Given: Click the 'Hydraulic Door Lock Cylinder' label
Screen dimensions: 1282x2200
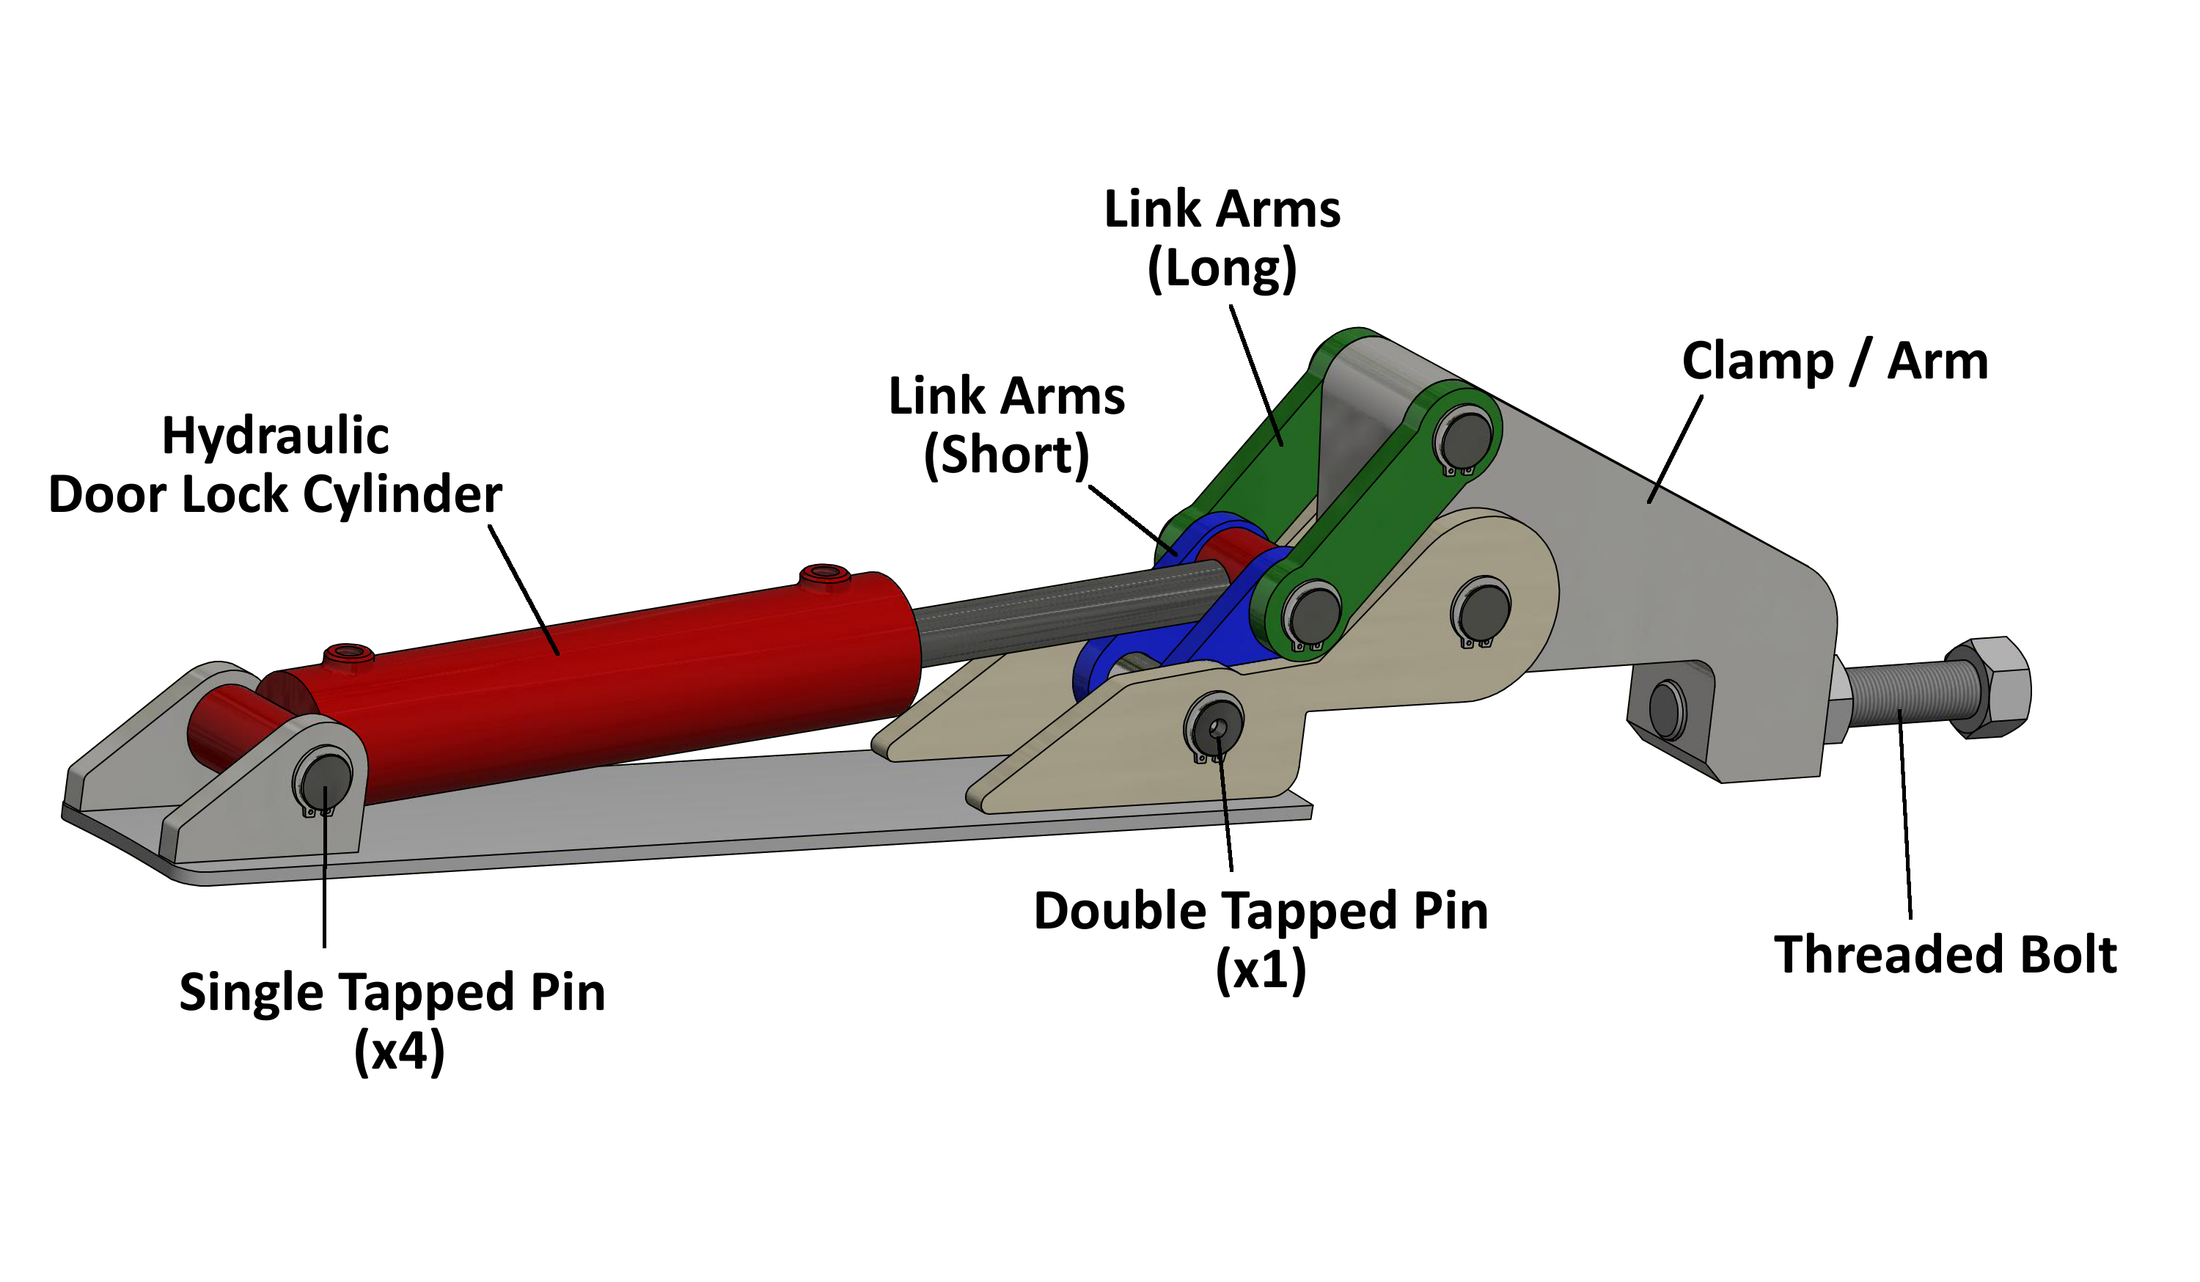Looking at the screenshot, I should (275, 464).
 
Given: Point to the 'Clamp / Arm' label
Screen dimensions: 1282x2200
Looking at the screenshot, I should (1834, 361).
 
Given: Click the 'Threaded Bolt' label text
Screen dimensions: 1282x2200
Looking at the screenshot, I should (1945, 954).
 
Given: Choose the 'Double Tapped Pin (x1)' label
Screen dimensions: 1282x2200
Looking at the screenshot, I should (1261, 939).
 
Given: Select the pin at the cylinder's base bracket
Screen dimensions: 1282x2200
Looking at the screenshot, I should (325, 779).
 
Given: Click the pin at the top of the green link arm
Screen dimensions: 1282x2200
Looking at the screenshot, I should (1467, 439).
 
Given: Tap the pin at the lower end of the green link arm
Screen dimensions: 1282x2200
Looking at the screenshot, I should (1315, 614).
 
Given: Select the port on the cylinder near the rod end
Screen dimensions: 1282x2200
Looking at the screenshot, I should (824, 575).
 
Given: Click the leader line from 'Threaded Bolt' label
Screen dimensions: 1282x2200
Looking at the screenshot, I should (1905, 812).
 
